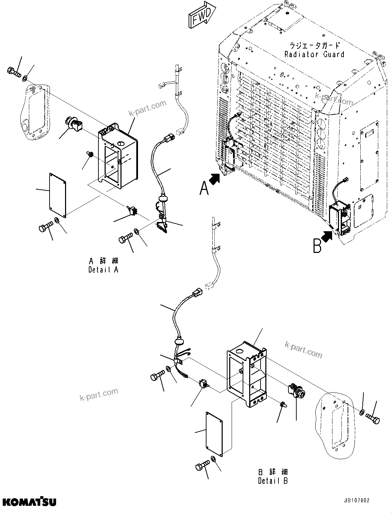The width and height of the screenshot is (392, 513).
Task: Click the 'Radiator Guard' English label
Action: click(x=314, y=54)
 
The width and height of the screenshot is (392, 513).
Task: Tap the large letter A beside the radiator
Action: click(x=204, y=188)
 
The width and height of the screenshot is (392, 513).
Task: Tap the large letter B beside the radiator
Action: click(x=317, y=246)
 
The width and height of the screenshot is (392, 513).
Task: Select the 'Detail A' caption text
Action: click(x=103, y=270)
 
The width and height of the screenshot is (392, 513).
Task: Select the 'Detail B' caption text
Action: click(x=273, y=481)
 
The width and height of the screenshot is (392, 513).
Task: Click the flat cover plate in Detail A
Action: click(x=57, y=195)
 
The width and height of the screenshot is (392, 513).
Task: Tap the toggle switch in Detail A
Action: click(x=131, y=210)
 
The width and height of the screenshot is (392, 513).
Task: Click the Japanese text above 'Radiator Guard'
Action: click(x=314, y=45)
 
